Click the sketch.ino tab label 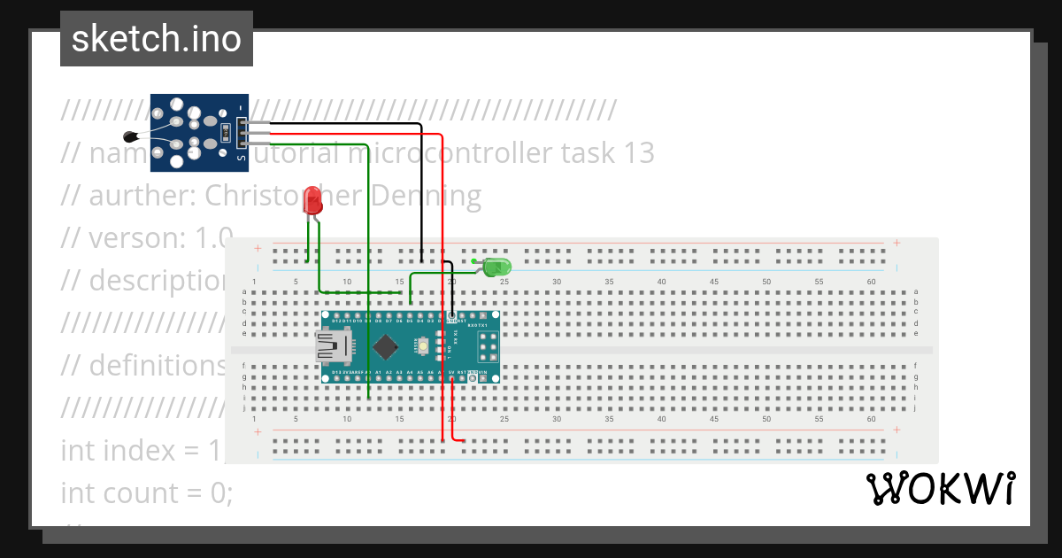pyautogui.click(x=157, y=39)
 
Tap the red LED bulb pyautogui.click(x=312, y=201)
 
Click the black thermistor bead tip pyautogui.click(x=132, y=136)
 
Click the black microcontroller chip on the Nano pyautogui.click(x=386, y=346)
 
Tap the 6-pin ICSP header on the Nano pyautogui.click(x=488, y=345)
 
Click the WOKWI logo pyautogui.click(x=940, y=489)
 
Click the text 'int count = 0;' pyautogui.click(x=147, y=492)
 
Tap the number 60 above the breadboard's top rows pyautogui.click(x=872, y=282)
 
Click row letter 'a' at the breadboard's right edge pyautogui.click(x=916, y=291)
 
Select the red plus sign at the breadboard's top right pyautogui.click(x=897, y=243)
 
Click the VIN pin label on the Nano pyautogui.click(x=482, y=373)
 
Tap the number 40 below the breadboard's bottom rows pyautogui.click(x=661, y=419)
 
